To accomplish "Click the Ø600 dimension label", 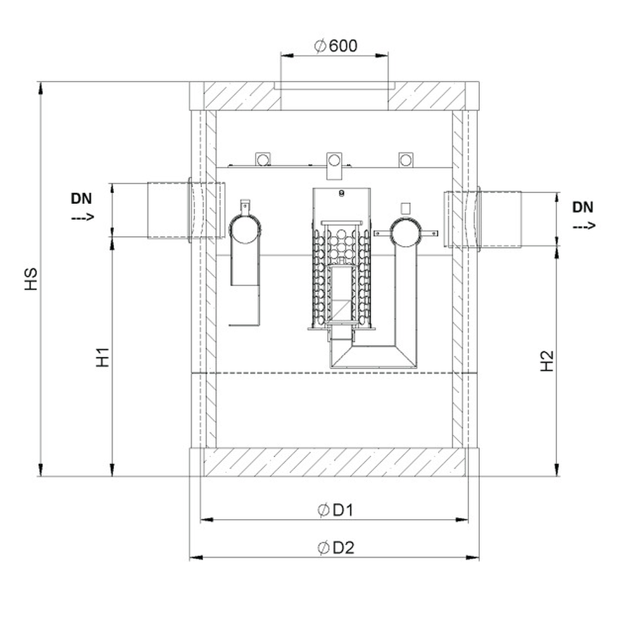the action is point(335,46).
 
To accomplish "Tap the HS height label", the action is point(31,279).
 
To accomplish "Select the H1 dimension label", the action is point(103,357).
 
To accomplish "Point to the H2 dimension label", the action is point(547,361).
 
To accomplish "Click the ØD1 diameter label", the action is point(335,510).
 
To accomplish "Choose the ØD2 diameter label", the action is point(336,548).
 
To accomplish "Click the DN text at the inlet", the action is point(82,198).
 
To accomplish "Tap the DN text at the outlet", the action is point(583,207).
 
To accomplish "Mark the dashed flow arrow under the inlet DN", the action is point(83,216).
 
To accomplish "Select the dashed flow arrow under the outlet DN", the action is point(584,226).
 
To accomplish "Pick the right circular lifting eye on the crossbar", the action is point(406,160).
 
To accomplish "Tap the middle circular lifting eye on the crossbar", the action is point(334,160).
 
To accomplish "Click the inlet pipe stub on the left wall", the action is point(186,210).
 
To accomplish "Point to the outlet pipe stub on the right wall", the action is point(482,219).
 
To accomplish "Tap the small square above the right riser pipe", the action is point(405,208).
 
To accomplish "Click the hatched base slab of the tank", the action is point(334,462).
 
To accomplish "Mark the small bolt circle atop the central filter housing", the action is point(342,193).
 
